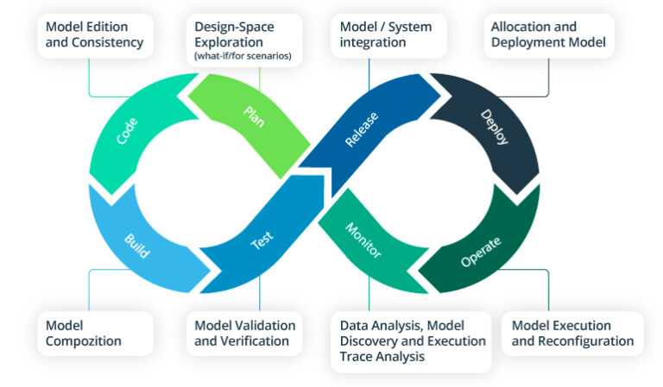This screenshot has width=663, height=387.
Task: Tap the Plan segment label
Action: (x=254, y=116)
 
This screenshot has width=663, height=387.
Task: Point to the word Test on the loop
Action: (x=262, y=241)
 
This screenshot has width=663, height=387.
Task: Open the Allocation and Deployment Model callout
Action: (x=548, y=34)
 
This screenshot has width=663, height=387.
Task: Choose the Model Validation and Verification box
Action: (x=245, y=334)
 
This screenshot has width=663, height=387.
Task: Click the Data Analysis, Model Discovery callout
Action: (x=408, y=340)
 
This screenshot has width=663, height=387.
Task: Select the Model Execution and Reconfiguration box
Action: (x=572, y=334)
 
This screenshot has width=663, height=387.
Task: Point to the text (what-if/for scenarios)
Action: (x=243, y=57)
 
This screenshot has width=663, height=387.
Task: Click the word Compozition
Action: (x=84, y=341)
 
